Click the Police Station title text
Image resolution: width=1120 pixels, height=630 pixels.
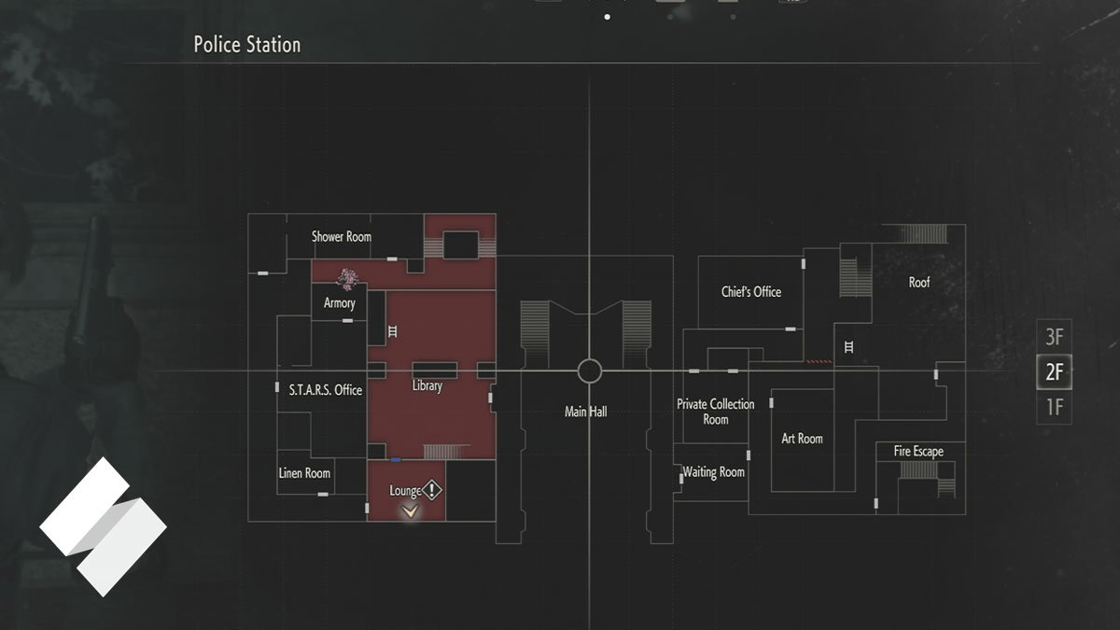[x=246, y=45]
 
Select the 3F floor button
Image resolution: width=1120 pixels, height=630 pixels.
[x=1054, y=337]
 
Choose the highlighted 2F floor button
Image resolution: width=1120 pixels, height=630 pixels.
[x=1054, y=371]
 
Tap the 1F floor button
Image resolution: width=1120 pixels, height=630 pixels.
[x=1054, y=407]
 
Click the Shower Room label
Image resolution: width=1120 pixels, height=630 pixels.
[x=341, y=237]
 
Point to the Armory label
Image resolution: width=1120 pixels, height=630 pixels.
[x=339, y=303]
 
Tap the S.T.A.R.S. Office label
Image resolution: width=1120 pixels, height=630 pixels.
[x=325, y=390]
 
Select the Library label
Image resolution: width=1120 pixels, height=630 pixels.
[x=427, y=385]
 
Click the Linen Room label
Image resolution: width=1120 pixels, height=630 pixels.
[x=304, y=473]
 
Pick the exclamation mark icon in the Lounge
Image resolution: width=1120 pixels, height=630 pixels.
[x=431, y=490]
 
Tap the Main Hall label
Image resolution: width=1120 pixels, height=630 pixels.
[x=585, y=412]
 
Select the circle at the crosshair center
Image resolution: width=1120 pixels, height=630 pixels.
[x=589, y=371]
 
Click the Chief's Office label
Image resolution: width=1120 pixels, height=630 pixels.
[x=750, y=292]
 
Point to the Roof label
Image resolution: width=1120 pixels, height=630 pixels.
[x=918, y=282]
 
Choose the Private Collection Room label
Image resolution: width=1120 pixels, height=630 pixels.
[x=715, y=412]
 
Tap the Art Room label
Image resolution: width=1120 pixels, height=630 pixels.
[x=802, y=439]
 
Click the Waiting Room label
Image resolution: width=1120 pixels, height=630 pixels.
[x=714, y=472]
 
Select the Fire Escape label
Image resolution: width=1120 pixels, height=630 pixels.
[x=917, y=452]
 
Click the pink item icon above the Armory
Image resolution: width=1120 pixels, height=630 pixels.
[x=349, y=276]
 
